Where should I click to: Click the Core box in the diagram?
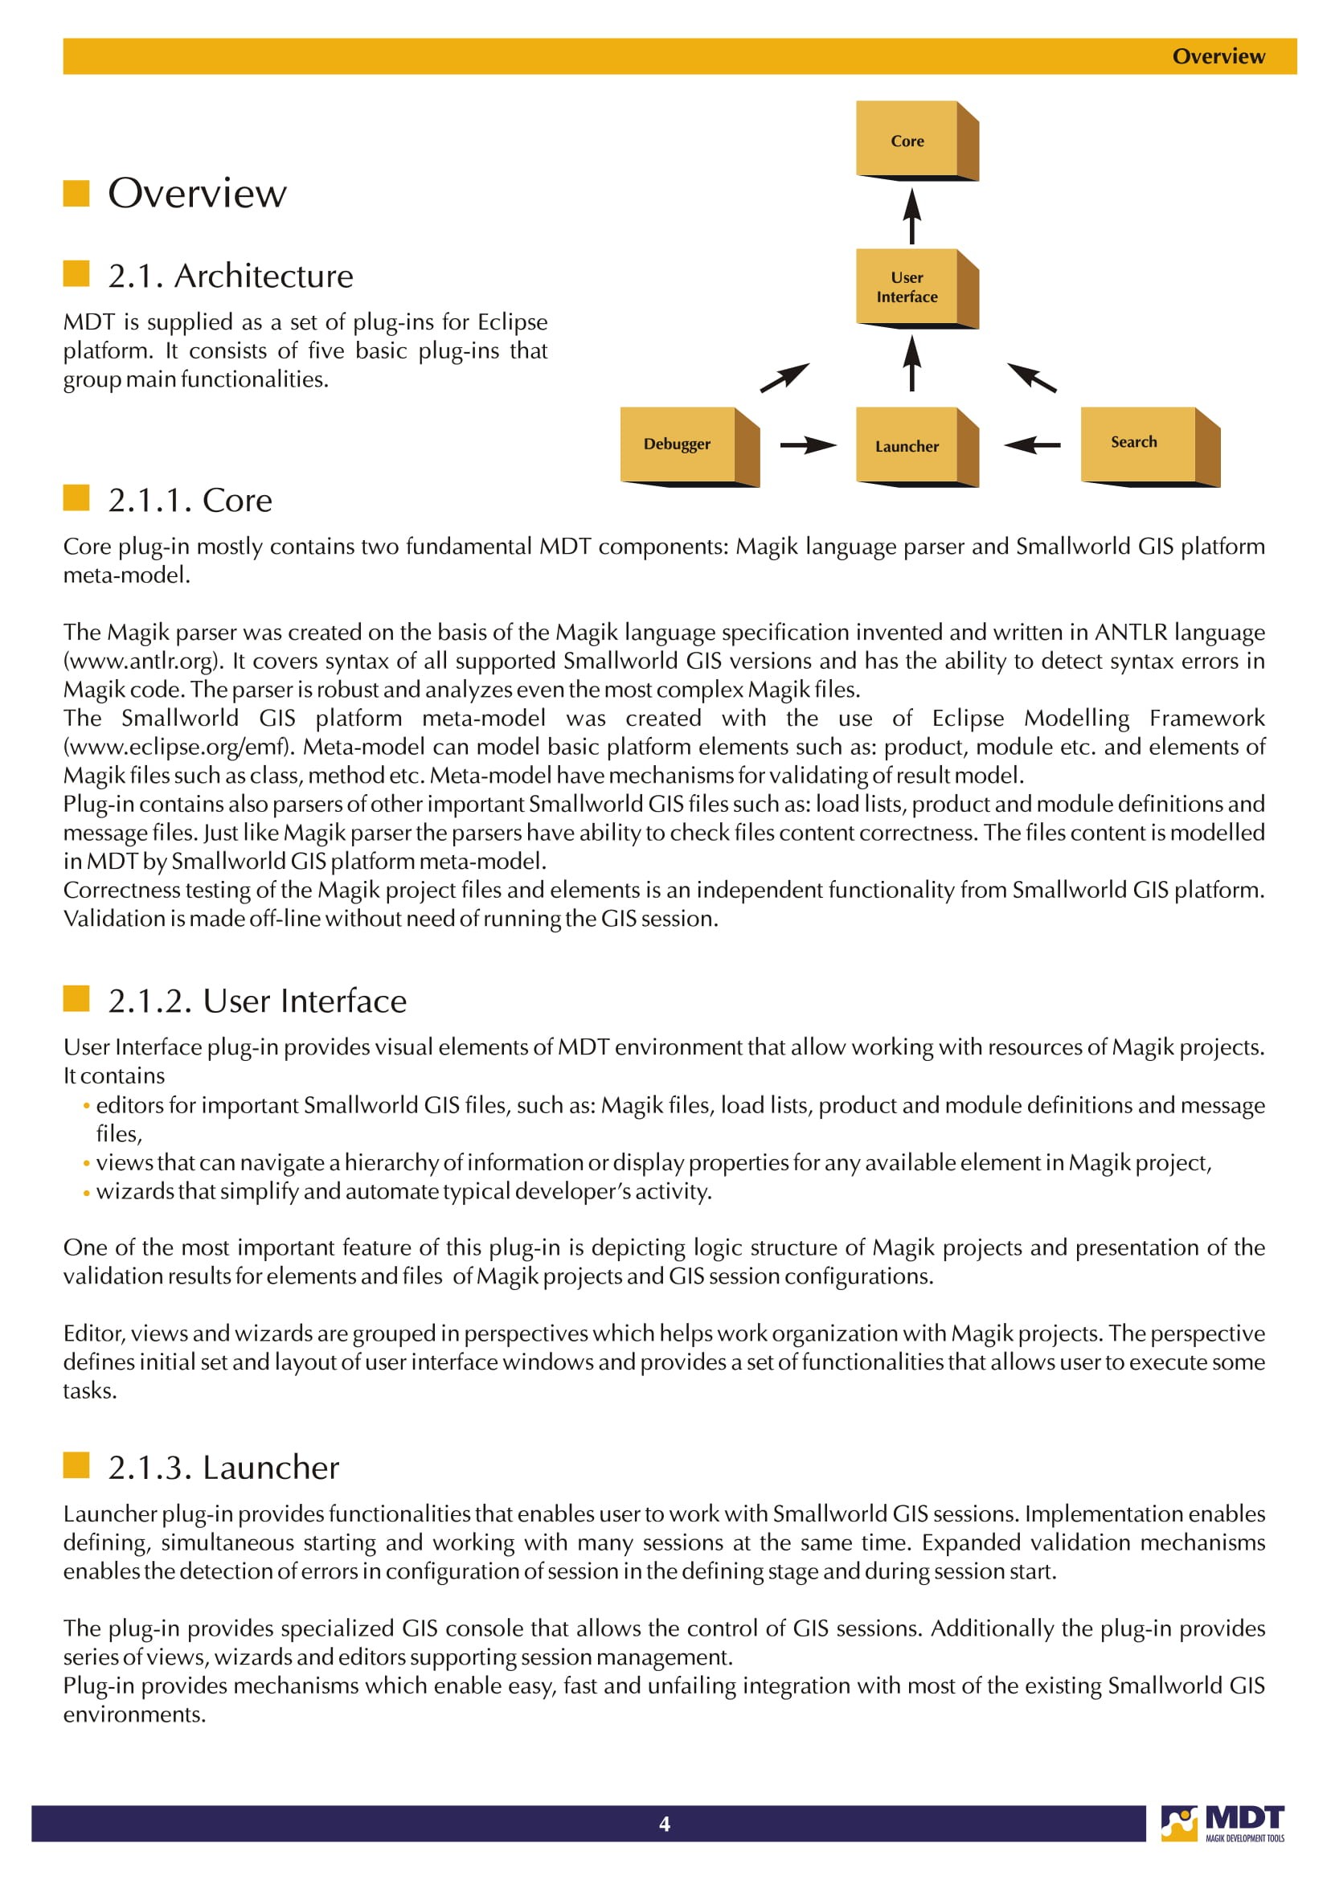(x=908, y=139)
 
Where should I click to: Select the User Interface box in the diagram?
(x=908, y=288)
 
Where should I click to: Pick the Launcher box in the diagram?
(x=908, y=446)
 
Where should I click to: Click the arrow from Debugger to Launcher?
(x=807, y=446)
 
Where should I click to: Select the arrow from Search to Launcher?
(x=1032, y=446)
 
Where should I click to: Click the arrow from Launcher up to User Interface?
(x=912, y=364)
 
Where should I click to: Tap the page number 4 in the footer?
(x=665, y=1824)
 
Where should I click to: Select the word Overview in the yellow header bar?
(x=1218, y=56)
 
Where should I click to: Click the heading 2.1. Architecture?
(x=231, y=276)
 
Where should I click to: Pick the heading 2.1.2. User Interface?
(x=257, y=1001)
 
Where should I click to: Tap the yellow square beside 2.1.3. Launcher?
(x=76, y=1464)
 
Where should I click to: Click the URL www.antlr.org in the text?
(x=140, y=661)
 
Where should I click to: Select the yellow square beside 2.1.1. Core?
(x=76, y=498)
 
